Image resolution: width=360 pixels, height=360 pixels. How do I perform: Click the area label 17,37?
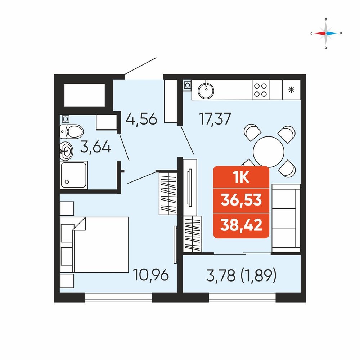215,119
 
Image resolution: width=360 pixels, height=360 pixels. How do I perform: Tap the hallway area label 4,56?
141,119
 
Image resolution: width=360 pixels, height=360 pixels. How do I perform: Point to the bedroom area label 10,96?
151,275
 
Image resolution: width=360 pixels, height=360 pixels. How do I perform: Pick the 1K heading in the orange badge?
241,177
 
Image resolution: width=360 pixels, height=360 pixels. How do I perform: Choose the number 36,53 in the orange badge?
241,200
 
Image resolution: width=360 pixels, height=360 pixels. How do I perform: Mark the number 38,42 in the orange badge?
241,225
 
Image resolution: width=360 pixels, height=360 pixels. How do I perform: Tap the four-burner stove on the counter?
260,90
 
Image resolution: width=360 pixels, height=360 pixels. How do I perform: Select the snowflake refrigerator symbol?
291,90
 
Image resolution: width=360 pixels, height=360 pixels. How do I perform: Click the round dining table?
269,152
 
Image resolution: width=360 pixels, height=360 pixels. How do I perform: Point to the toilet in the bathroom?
71,131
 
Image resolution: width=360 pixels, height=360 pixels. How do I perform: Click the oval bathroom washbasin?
66,151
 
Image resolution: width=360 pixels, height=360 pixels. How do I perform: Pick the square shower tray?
74,175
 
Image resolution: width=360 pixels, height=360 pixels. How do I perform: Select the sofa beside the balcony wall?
286,219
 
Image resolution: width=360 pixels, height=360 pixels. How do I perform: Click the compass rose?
325,33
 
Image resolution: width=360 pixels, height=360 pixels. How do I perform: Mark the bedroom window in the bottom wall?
118,297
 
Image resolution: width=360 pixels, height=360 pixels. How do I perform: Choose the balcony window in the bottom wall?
242,297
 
